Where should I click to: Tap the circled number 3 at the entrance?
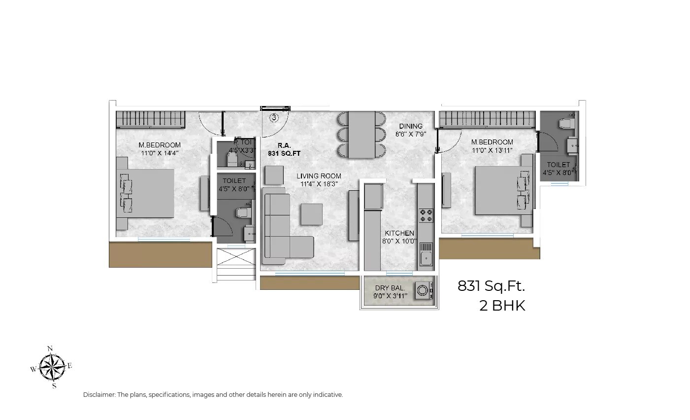click(274, 117)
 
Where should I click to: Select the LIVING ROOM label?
click(319, 176)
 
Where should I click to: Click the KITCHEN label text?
click(399, 233)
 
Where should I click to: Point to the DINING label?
click(411, 126)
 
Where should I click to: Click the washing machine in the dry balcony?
click(423, 290)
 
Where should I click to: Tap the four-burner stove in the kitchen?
click(426, 215)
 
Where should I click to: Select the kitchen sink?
click(426, 257)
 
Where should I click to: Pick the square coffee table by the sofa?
click(311, 214)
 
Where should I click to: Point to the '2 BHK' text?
click(502, 306)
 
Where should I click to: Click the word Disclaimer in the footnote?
click(99, 395)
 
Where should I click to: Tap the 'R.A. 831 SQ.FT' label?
click(284, 149)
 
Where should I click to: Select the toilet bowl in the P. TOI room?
click(232, 158)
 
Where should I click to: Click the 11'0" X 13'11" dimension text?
click(492, 150)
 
